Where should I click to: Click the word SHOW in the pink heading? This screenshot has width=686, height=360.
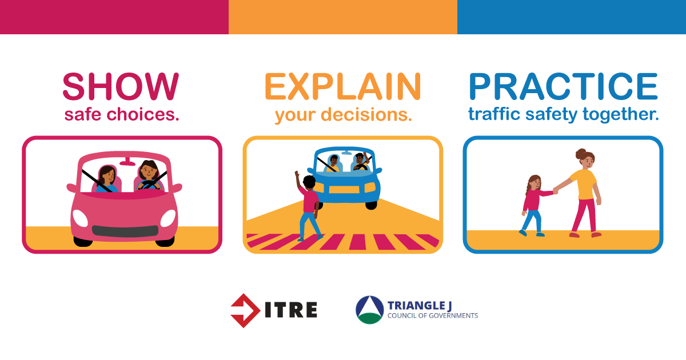(x=121, y=87)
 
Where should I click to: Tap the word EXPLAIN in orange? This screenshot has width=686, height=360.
(x=343, y=87)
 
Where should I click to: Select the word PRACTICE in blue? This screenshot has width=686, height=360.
(x=563, y=87)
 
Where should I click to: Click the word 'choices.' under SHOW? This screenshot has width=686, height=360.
(x=143, y=114)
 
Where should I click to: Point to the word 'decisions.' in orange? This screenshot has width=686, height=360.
(x=366, y=114)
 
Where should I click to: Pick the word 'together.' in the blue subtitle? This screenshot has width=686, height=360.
(x=620, y=114)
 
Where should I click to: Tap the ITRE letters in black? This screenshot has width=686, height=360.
(x=291, y=310)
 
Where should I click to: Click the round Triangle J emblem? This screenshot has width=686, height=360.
(x=370, y=310)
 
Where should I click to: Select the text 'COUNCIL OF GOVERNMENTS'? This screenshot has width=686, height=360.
(x=433, y=315)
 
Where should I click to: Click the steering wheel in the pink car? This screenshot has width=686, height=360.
(x=149, y=185)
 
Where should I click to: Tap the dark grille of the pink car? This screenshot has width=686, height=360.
(x=125, y=231)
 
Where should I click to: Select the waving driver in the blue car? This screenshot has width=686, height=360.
(x=361, y=161)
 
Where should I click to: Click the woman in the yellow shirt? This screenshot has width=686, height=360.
(x=584, y=193)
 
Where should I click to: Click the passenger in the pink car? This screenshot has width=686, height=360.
(x=106, y=179)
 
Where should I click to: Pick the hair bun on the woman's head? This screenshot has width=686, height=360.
(x=580, y=153)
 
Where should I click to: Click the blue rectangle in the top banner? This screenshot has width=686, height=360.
(x=572, y=17)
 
